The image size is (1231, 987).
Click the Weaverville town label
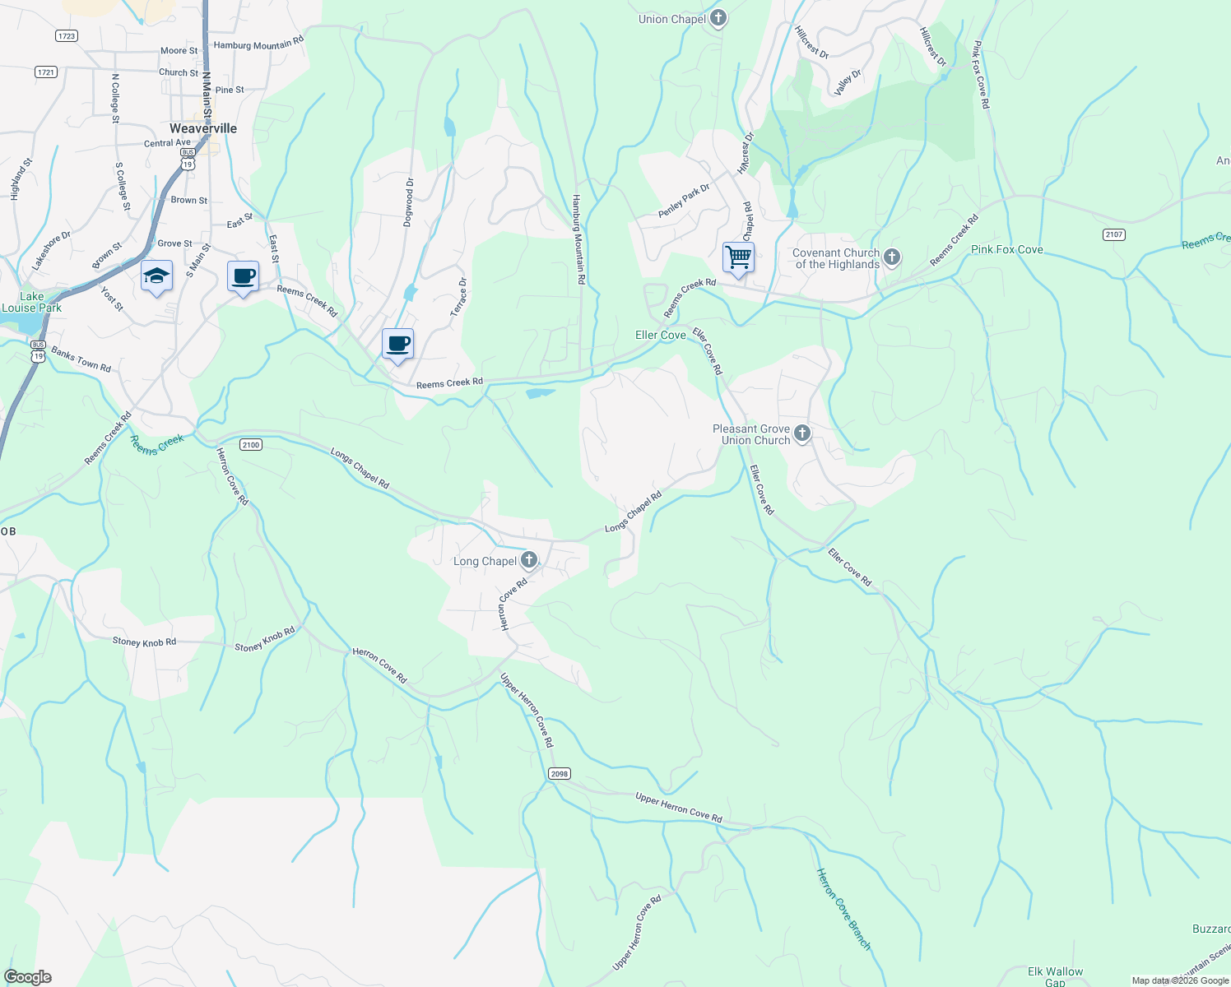(202, 128)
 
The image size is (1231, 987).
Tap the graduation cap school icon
(156, 276)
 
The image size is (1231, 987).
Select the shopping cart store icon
(738, 257)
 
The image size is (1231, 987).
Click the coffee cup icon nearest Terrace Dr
(397, 344)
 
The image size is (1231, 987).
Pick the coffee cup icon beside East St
(243, 276)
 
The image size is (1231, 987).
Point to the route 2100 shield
(251, 445)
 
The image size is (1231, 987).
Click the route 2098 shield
(560, 774)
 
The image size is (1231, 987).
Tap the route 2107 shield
(1113, 234)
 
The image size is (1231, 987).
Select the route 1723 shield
(67, 35)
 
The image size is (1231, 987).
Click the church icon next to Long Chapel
(529, 561)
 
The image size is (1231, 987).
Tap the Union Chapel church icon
(718, 18)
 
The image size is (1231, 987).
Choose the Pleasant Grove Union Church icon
(802, 433)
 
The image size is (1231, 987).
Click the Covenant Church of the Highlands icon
(891, 258)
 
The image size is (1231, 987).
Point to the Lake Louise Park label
(31, 302)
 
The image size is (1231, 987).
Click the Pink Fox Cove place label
(1006, 249)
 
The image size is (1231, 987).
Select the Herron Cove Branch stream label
(843, 909)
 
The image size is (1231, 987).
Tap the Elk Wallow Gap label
(1055, 976)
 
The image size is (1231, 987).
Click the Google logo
(28, 976)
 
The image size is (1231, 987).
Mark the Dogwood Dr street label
(409, 202)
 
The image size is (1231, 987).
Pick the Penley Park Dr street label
(684, 202)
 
